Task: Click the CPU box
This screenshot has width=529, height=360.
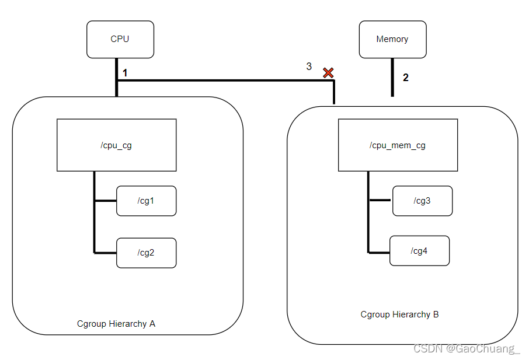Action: tap(120, 39)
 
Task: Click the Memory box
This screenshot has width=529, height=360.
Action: tap(392, 39)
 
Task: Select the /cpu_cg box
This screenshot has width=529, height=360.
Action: tap(116, 145)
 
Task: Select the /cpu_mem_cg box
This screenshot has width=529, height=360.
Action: tap(398, 145)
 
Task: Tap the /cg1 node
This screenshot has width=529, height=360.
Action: tap(146, 201)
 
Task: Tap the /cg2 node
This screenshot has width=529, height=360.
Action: tap(146, 253)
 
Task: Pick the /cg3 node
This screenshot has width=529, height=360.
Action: tap(422, 201)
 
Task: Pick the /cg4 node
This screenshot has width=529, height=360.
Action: tap(419, 251)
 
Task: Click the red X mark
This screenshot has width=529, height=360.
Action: tap(328, 72)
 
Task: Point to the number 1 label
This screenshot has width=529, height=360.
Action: tap(125, 73)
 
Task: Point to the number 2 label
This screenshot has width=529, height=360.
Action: tap(406, 77)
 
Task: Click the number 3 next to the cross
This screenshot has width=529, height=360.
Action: tap(309, 67)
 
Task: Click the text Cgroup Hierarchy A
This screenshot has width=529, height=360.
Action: tap(116, 323)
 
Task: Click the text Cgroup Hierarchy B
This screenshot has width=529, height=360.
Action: tap(399, 314)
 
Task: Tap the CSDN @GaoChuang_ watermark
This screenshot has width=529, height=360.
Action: tap(466, 349)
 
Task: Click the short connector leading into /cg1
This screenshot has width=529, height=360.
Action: tap(105, 201)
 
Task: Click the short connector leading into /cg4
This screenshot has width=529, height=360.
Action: tap(379, 252)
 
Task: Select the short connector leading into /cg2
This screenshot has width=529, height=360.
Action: tap(105, 253)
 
